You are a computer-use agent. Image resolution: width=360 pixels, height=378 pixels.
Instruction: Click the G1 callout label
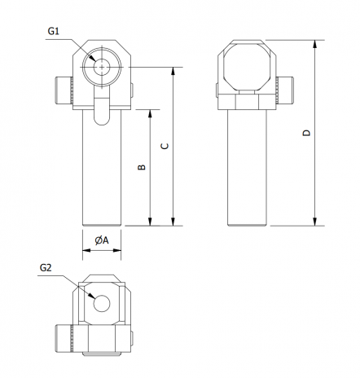tap(53, 31)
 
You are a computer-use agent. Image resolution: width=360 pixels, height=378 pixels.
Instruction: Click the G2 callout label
tap(46, 268)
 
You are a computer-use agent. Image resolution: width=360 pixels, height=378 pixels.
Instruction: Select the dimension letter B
tap(142, 167)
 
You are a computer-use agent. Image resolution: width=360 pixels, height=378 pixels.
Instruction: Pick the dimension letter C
tap(165, 146)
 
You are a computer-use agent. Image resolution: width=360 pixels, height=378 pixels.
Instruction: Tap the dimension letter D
tap(306, 133)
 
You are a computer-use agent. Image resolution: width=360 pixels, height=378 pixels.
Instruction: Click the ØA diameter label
tap(102, 240)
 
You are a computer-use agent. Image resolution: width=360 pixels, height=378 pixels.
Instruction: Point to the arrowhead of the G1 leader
tap(93, 59)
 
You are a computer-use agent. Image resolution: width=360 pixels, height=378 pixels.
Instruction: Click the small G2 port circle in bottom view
tap(102, 303)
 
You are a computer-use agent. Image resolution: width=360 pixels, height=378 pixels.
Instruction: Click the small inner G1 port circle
tap(102, 67)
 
